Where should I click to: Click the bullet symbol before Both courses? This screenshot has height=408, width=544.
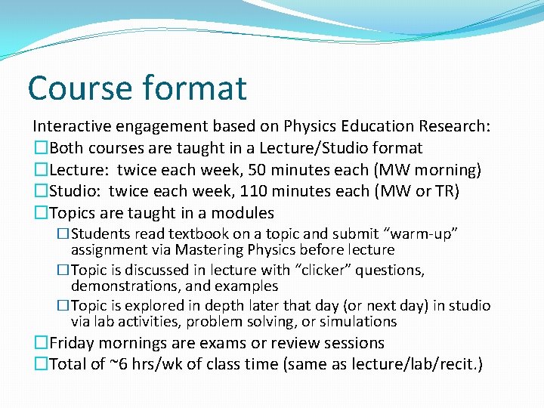pos(41,148)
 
